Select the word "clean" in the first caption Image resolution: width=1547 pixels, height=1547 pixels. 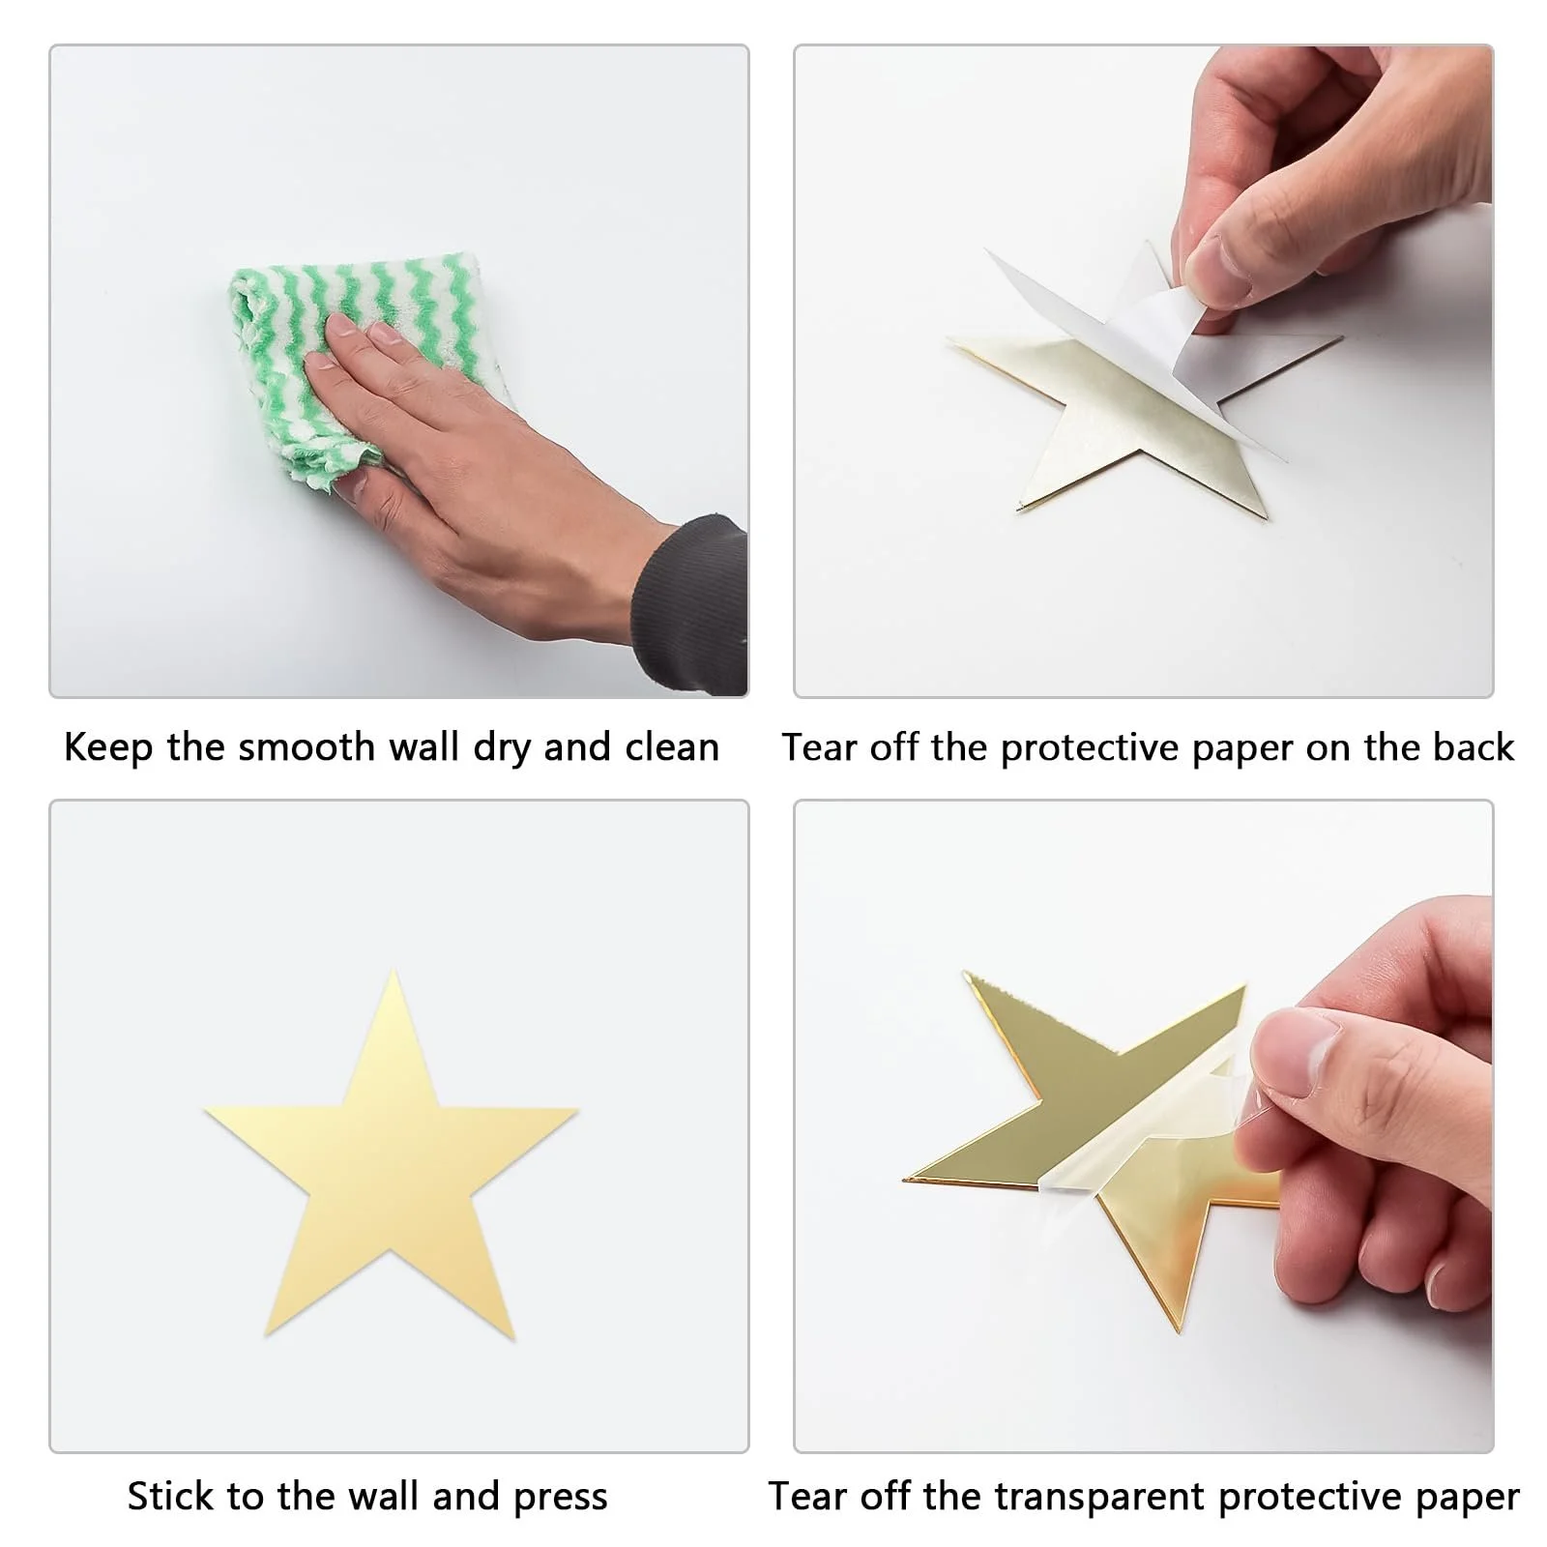pos(672,747)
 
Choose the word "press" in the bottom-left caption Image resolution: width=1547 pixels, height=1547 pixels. pos(561,1500)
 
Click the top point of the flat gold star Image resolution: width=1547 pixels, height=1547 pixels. pos(394,971)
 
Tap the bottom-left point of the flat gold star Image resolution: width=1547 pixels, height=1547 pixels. pos(265,1336)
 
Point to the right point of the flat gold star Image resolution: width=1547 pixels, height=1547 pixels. pos(577,1111)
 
